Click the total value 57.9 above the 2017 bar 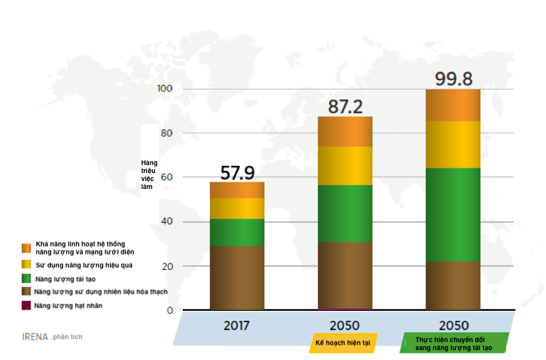237,173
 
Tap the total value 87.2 345,107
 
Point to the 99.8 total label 453,79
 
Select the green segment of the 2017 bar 237,232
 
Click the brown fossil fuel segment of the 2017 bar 237,278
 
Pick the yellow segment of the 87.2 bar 345,165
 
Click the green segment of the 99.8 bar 453,214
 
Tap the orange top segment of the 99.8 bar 453,105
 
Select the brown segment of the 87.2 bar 345,274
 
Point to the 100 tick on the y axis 164,89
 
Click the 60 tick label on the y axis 166,178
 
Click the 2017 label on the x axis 237,326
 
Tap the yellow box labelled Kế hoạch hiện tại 343,343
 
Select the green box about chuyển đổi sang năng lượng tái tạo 455,343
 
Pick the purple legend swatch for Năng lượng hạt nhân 26,305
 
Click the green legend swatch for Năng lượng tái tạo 26,278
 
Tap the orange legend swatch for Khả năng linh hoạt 26,248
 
